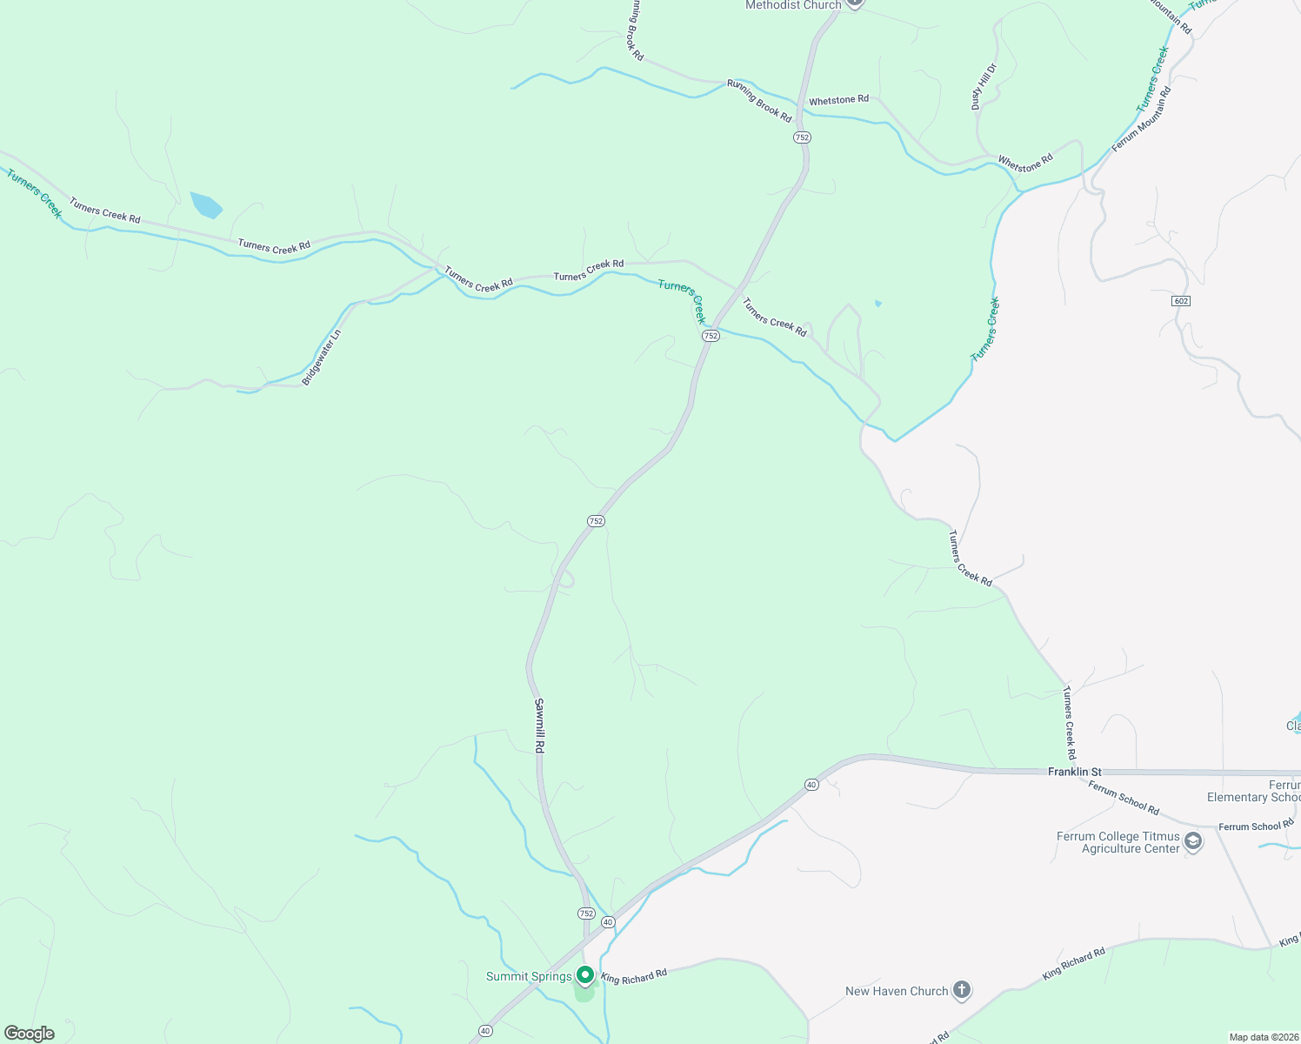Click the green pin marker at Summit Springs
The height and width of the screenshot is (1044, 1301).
(x=585, y=975)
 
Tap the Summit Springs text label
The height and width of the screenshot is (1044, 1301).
(x=529, y=976)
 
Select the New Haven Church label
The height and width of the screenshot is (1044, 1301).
(x=897, y=991)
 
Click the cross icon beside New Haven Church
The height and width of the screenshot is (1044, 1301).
(x=961, y=990)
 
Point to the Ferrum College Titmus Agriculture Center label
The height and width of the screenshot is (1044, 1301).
(x=1118, y=842)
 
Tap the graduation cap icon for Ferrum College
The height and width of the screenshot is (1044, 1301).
(x=1194, y=841)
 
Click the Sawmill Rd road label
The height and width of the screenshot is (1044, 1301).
(x=539, y=726)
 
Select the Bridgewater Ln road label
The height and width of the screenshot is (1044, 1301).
(x=322, y=358)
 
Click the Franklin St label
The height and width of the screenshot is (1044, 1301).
(x=1074, y=772)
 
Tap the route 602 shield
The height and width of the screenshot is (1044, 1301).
(x=1180, y=301)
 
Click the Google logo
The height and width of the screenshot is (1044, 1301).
(x=30, y=1034)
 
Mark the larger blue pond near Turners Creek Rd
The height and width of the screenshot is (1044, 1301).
(x=206, y=204)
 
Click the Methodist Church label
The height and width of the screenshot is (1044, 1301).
(x=793, y=5)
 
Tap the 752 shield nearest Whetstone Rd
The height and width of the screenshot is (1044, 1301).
(x=802, y=137)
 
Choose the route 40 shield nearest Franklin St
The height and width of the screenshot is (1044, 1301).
(x=811, y=785)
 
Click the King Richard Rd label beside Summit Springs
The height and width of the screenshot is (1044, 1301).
(x=633, y=977)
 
